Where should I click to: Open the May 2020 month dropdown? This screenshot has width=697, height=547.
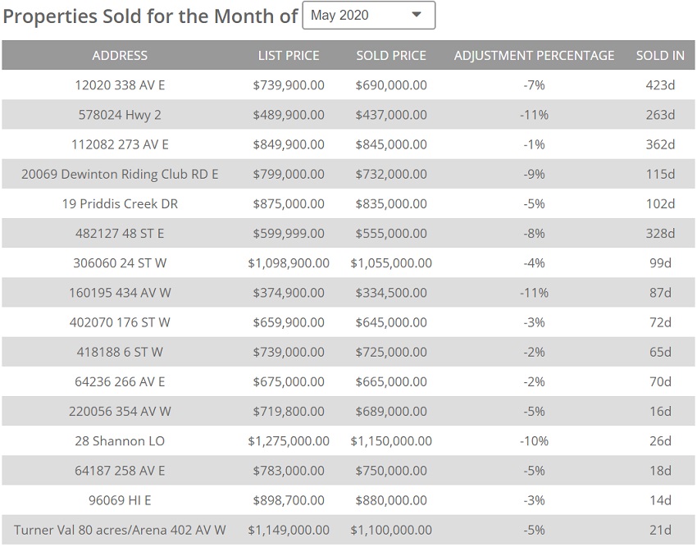[x=368, y=16]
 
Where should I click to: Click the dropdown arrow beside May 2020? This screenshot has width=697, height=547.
[x=417, y=15]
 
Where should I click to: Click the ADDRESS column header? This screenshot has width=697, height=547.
[x=120, y=56]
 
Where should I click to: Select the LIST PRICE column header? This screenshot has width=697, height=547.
[x=289, y=56]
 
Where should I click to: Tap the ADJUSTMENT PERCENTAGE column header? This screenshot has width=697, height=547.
[x=534, y=56]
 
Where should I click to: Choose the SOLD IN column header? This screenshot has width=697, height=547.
[x=660, y=56]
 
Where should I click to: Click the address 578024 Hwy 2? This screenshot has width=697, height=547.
[x=120, y=115]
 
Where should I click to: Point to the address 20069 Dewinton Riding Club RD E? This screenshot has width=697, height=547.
[x=120, y=174]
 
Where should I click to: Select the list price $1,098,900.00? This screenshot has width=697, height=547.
[x=289, y=263]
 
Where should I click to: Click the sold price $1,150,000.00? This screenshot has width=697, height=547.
[x=391, y=441]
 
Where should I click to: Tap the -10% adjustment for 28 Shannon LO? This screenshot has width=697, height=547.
[x=534, y=441]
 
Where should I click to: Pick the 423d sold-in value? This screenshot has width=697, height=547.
[x=660, y=85]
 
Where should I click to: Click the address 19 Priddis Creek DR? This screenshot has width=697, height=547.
[x=120, y=203]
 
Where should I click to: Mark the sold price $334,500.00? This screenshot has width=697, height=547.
[x=391, y=293]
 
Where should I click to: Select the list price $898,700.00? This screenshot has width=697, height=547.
[x=289, y=500]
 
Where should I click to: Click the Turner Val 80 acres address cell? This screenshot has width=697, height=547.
[x=120, y=530]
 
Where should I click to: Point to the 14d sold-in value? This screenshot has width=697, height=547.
[x=660, y=500]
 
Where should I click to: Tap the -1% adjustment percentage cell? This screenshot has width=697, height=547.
[x=534, y=144]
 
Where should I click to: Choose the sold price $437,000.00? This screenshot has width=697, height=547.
[x=391, y=115]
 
